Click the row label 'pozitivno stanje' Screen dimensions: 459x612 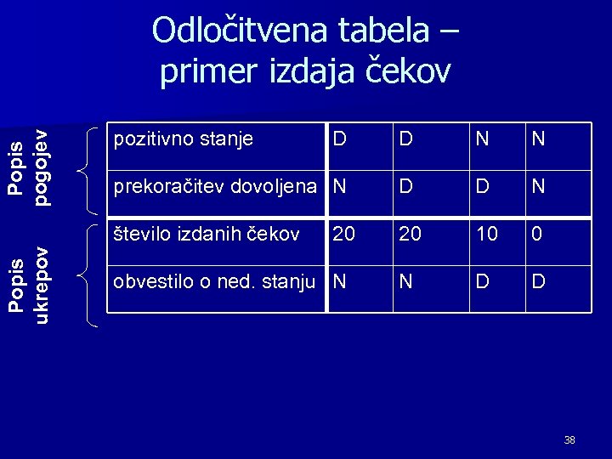coord(183,139)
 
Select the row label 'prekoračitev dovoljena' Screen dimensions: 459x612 coord(215,185)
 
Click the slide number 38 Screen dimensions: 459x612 coord(569,440)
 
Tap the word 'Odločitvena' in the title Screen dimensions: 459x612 coord(241,31)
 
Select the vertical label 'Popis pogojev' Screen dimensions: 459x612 coord(29,167)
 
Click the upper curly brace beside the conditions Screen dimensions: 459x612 coord(88,170)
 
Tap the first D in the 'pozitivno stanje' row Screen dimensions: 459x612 coord(340,139)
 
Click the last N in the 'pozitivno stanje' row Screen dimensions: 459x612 coord(538,139)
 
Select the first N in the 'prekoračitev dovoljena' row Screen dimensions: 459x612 coord(340,185)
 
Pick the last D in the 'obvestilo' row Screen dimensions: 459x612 coord(538,281)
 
